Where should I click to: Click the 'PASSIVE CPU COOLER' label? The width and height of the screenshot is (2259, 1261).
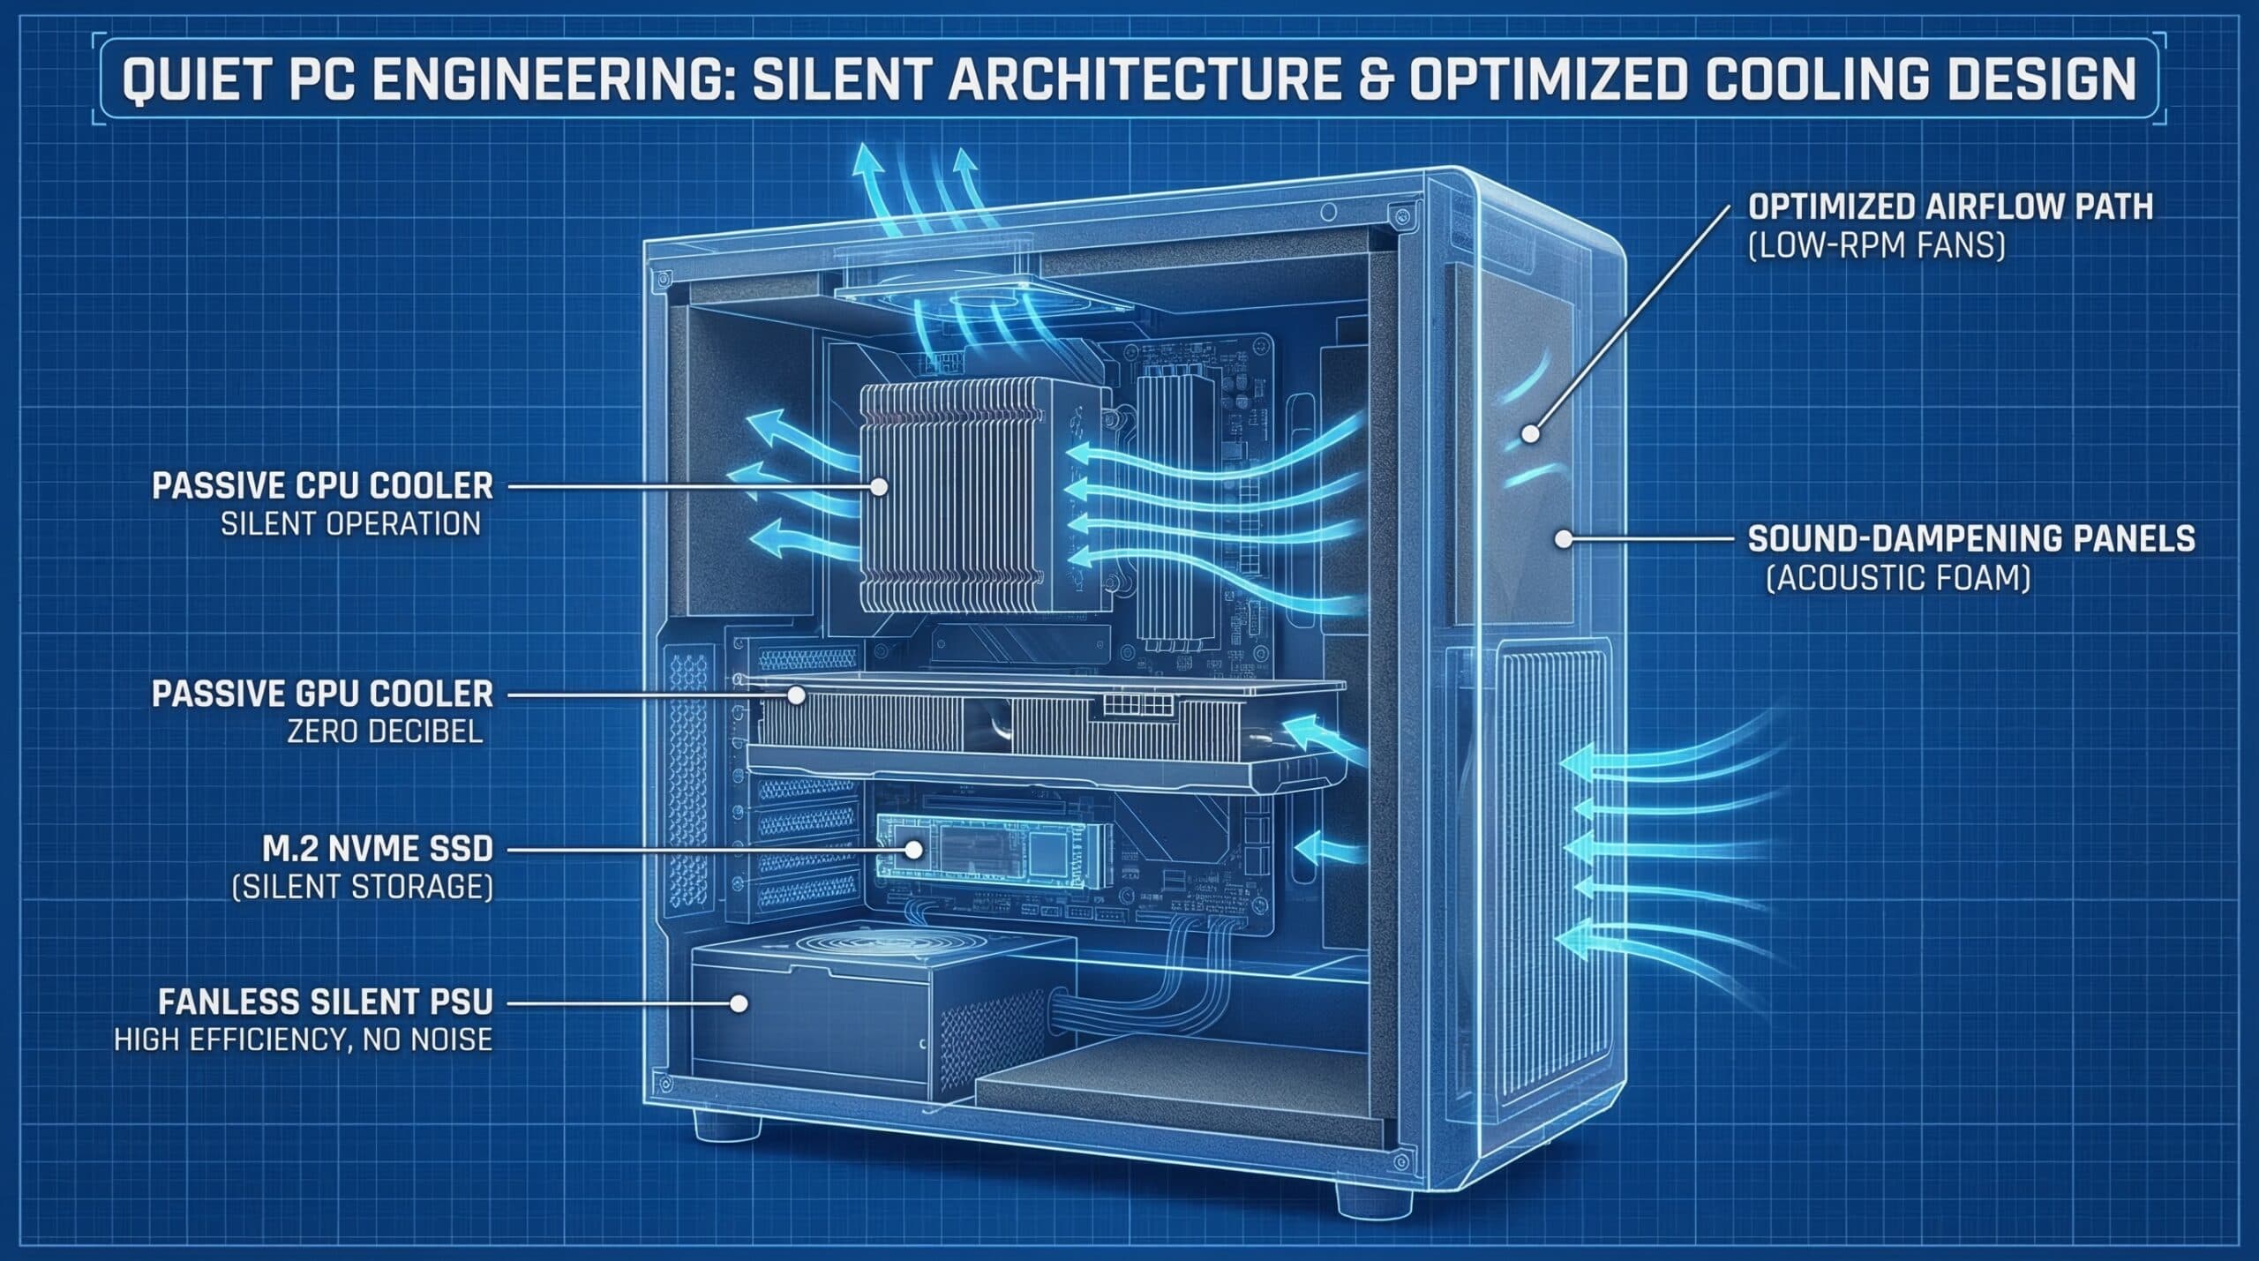tap(322, 485)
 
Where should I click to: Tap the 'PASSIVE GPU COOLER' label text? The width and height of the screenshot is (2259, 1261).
tap(322, 694)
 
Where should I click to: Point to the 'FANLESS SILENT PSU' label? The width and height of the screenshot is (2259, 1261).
tap(326, 1002)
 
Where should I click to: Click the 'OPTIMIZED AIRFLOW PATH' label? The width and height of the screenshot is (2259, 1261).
tap(1950, 206)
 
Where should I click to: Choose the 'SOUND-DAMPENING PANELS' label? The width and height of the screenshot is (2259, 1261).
tap(1971, 539)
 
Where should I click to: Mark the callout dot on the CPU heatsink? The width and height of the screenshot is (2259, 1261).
tap(879, 485)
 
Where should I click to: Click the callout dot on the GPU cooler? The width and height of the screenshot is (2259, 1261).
tap(795, 694)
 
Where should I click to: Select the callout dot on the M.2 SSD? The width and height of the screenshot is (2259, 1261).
tap(914, 851)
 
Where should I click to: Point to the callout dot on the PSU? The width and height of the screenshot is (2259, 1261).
tap(739, 1003)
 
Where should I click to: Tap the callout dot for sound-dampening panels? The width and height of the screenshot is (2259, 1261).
tap(1564, 539)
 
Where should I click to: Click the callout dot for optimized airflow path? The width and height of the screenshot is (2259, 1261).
tap(1530, 434)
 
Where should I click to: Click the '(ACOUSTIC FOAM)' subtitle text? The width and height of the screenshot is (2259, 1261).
tap(1898, 579)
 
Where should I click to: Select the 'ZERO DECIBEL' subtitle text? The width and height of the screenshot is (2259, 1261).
tap(386, 732)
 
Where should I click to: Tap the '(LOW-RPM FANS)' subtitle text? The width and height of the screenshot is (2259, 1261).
tap(1877, 246)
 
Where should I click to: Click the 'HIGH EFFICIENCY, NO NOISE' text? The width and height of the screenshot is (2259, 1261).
tap(303, 1040)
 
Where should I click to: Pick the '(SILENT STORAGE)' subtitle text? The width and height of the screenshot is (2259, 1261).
tap(361, 887)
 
